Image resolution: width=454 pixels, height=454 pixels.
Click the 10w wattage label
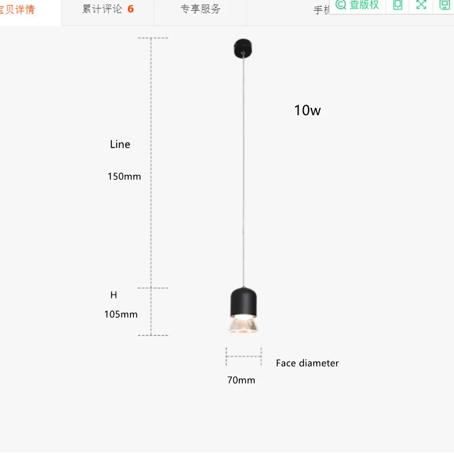(307, 110)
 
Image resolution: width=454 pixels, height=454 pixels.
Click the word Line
(120, 144)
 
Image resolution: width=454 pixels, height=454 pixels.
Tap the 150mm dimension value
(124, 176)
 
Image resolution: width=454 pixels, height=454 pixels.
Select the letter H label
(113, 295)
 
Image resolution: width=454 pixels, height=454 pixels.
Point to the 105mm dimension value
(121, 314)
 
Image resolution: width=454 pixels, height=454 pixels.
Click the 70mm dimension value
(241, 380)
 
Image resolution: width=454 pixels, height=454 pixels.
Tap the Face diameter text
(307, 363)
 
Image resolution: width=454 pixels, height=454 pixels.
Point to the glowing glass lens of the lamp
(243, 325)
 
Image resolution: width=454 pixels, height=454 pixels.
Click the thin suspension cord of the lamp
(243, 170)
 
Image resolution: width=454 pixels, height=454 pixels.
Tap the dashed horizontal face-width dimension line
(243, 356)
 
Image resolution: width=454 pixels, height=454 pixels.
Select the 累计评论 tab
(102, 10)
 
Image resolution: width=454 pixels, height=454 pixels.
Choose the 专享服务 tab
(200, 10)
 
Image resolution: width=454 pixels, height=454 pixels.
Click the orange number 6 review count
(131, 10)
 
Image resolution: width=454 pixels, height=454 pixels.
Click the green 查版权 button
(358, 5)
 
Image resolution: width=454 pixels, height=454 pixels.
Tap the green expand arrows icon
(421, 5)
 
